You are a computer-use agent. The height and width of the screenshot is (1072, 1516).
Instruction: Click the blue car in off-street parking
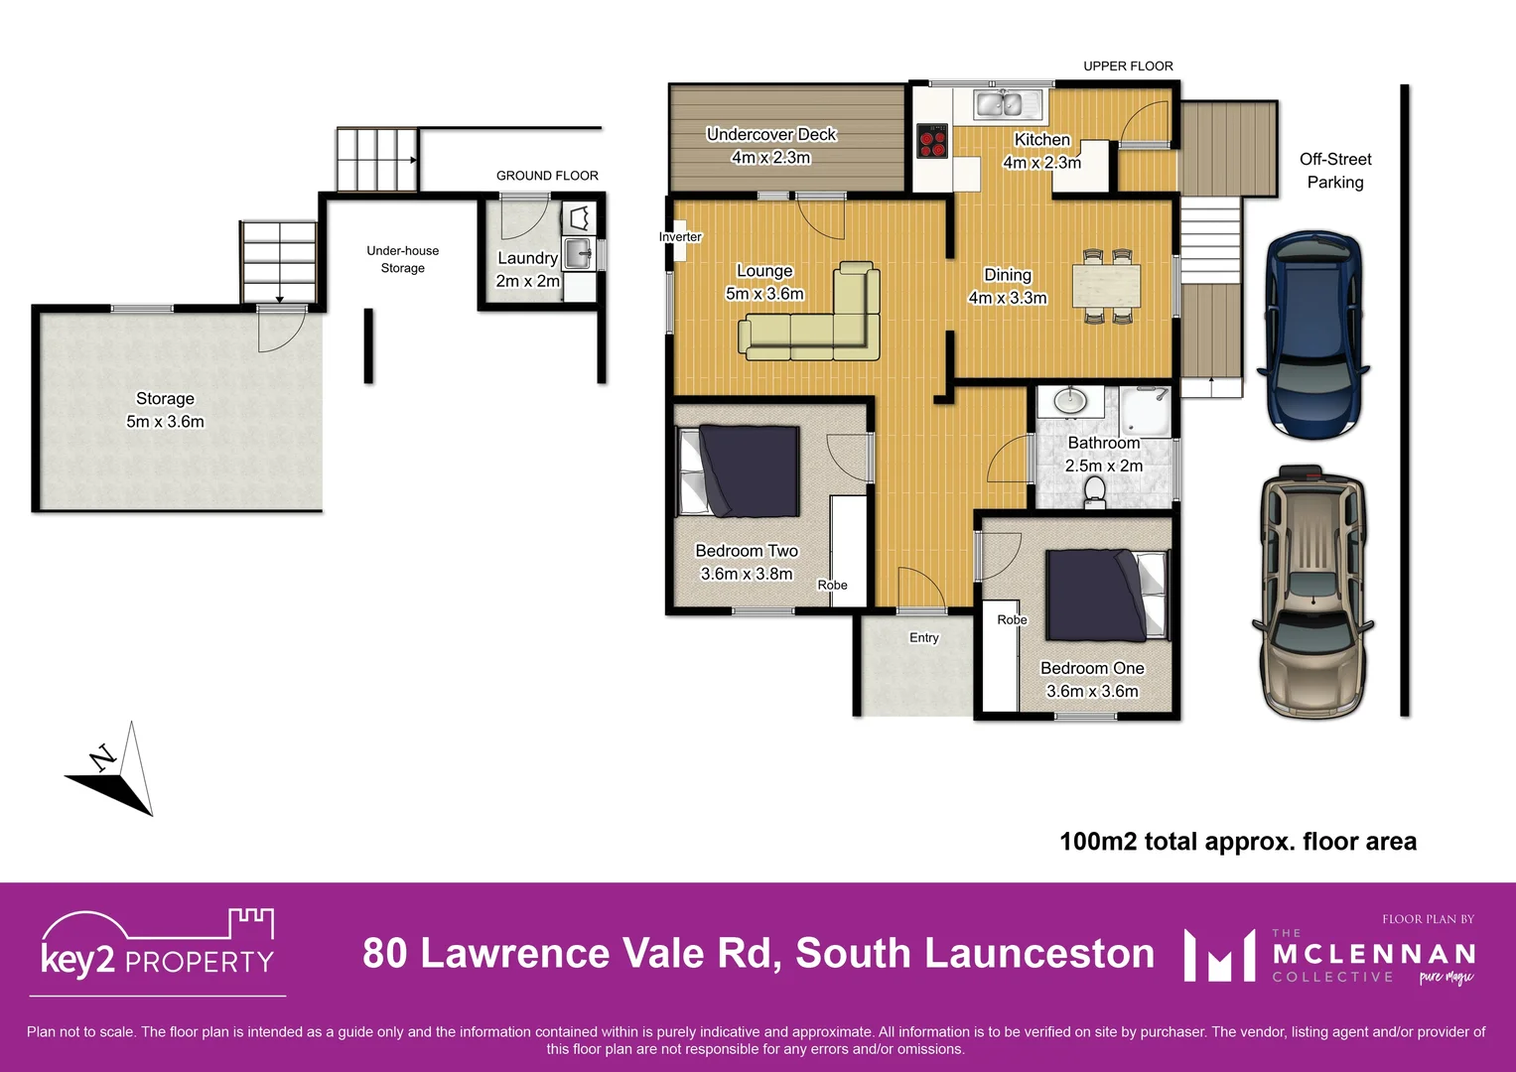pyautogui.click(x=1312, y=335)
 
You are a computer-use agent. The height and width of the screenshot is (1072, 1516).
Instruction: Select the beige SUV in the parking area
pyautogui.click(x=1312, y=592)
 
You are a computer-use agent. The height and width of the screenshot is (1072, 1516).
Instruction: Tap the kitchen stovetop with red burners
pyautogui.click(x=931, y=141)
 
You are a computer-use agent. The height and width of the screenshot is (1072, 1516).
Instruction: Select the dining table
pyautogui.click(x=1106, y=286)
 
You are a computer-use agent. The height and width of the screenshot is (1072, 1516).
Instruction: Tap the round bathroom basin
pyautogui.click(x=1070, y=402)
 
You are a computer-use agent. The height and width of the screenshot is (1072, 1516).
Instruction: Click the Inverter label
pyautogui.click(x=680, y=237)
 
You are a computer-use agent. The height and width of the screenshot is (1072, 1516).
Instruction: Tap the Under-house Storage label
pyautogui.click(x=402, y=259)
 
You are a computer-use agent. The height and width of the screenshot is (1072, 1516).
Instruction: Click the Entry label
pyautogui.click(x=923, y=638)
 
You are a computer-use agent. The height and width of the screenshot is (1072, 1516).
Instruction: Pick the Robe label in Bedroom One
pyautogui.click(x=1012, y=620)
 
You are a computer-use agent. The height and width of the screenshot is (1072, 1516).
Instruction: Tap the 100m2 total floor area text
pyautogui.click(x=1237, y=842)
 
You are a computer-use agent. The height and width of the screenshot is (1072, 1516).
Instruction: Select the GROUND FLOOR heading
pyautogui.click(x=547, y=176)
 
